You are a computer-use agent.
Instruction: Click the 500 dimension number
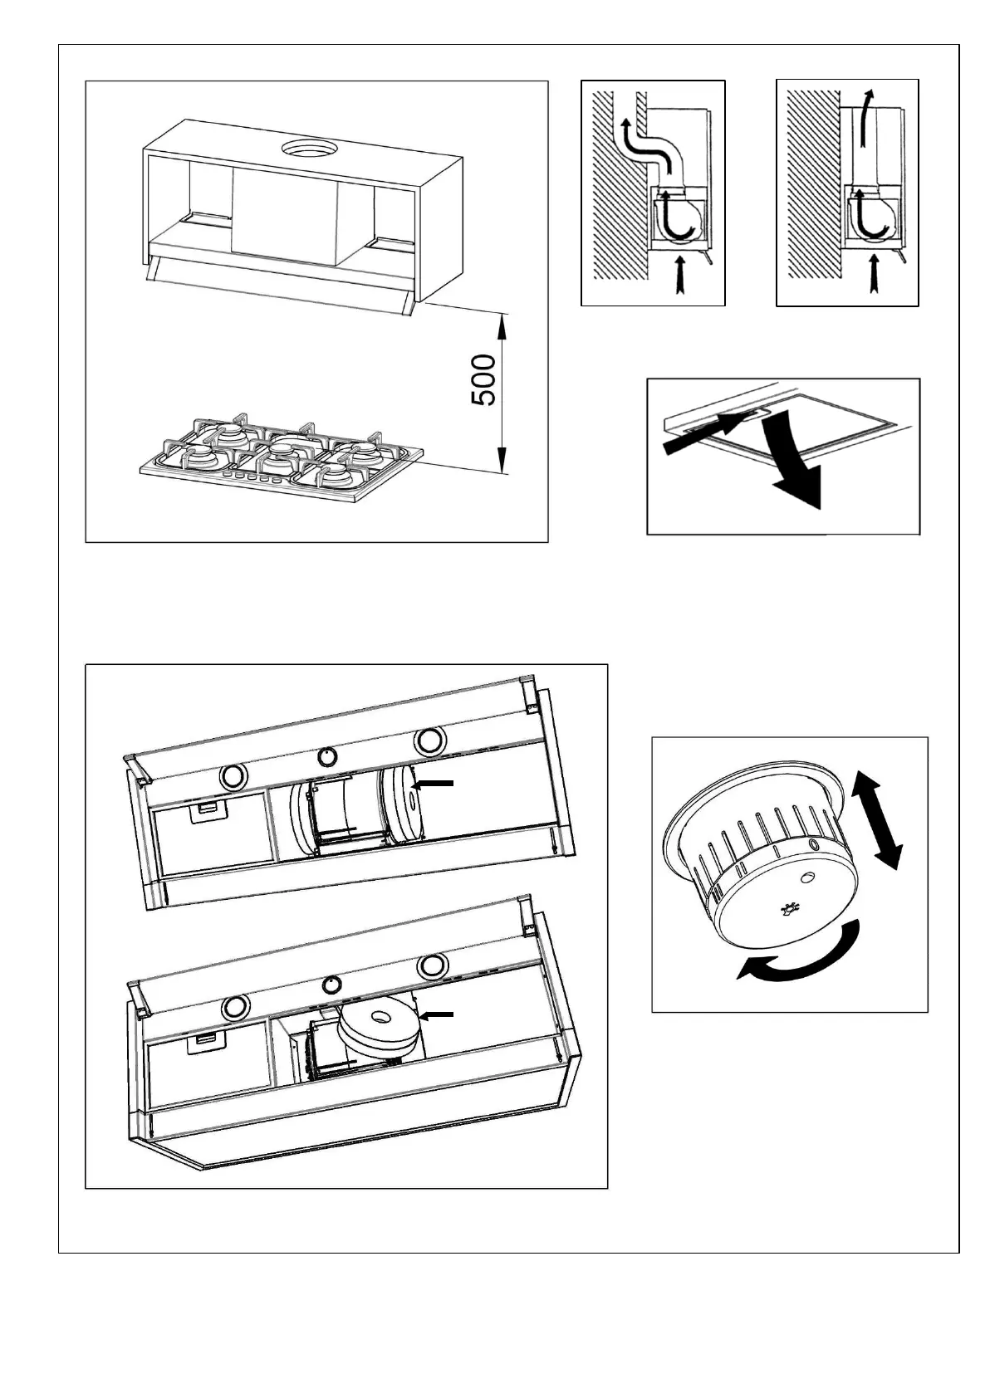tap(484, 380)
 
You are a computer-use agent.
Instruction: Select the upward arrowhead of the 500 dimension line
tap(501, 325)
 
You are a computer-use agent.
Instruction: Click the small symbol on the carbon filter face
tap(788, 911)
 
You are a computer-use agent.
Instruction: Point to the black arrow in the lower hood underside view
tap(437, 1014)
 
